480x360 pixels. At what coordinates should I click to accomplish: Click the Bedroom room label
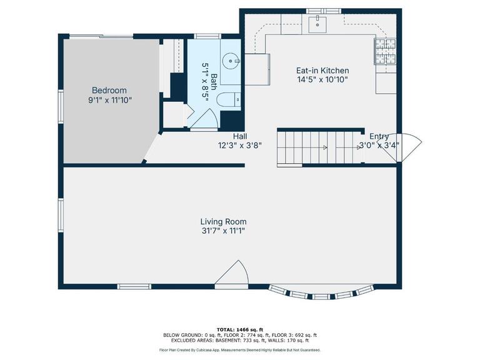point(109,90)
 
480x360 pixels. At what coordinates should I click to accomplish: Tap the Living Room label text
point(223,221)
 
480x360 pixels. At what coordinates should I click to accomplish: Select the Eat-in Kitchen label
point(322,71)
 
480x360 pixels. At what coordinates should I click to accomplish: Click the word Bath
point(214,79)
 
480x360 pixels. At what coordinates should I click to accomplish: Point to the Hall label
point(240,136)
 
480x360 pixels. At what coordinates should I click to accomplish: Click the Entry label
point(379,136)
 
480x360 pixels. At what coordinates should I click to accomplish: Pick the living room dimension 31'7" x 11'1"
point(223,231)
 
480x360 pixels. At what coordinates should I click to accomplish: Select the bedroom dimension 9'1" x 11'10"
point(109,99)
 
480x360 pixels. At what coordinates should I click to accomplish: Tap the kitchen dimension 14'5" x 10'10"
point(322,79)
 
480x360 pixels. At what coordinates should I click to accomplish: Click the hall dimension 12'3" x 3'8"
point(239,145)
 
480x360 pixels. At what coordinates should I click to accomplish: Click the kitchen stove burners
point(384,51)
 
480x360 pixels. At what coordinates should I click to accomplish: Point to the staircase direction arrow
point(324,147)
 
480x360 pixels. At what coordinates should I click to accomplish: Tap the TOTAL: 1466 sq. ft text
point(240,329)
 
